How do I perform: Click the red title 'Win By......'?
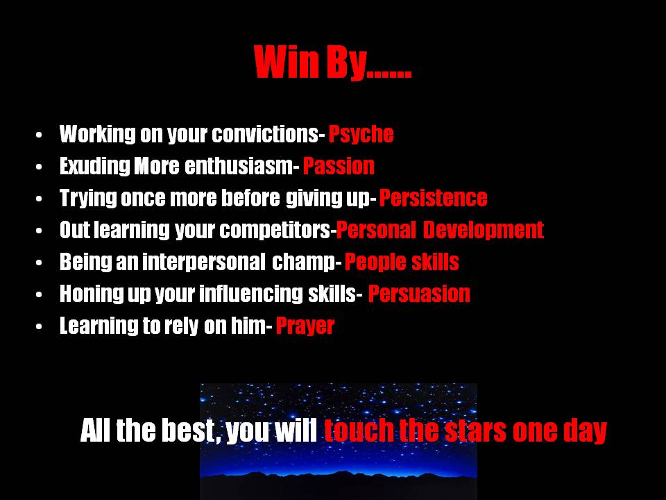(332, 62)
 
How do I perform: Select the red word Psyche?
(361, 135)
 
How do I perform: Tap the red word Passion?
(339, 166)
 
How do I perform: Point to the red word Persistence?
(433, 198)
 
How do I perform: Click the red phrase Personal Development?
(440, 230)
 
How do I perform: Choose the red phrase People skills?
(402, 262)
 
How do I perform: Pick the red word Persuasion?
(419, 294)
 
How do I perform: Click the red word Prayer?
(305, 326)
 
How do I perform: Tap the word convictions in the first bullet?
(266, 134)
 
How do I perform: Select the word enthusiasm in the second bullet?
(239, 166)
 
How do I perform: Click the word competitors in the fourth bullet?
(275, 231)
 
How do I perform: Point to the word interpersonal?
(204, 262)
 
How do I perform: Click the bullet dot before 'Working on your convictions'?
(39, 135)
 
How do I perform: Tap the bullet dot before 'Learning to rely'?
(39, 326)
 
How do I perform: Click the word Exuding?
(95, 166)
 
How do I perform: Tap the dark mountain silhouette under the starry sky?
(339, 485)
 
